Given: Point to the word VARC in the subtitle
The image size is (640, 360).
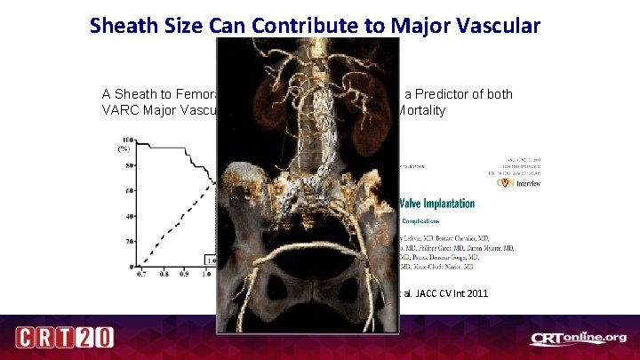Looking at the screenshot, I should (x=121, y=111).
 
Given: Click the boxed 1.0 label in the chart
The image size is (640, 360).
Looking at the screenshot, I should (x=212, y=260).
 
